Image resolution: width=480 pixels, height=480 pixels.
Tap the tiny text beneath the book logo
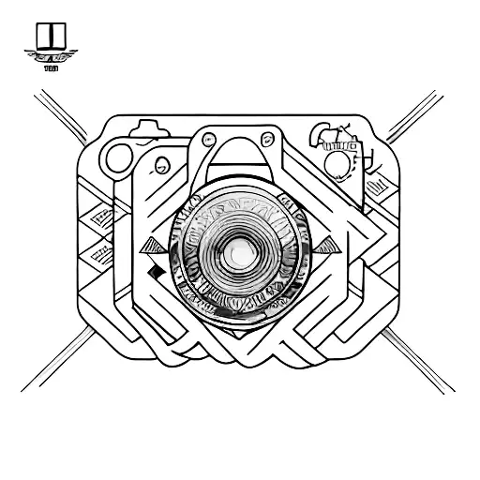coord(50,67)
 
